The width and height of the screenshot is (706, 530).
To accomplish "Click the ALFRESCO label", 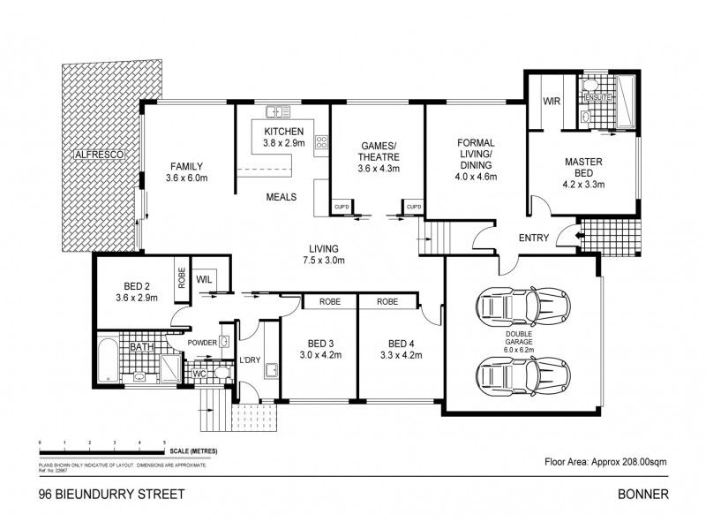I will (102, 155).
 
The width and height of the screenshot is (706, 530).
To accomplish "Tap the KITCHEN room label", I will (284, 132).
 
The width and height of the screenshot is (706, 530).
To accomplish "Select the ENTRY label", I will (535, 237).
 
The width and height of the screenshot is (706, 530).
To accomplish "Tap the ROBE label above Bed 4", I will (387, 301).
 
